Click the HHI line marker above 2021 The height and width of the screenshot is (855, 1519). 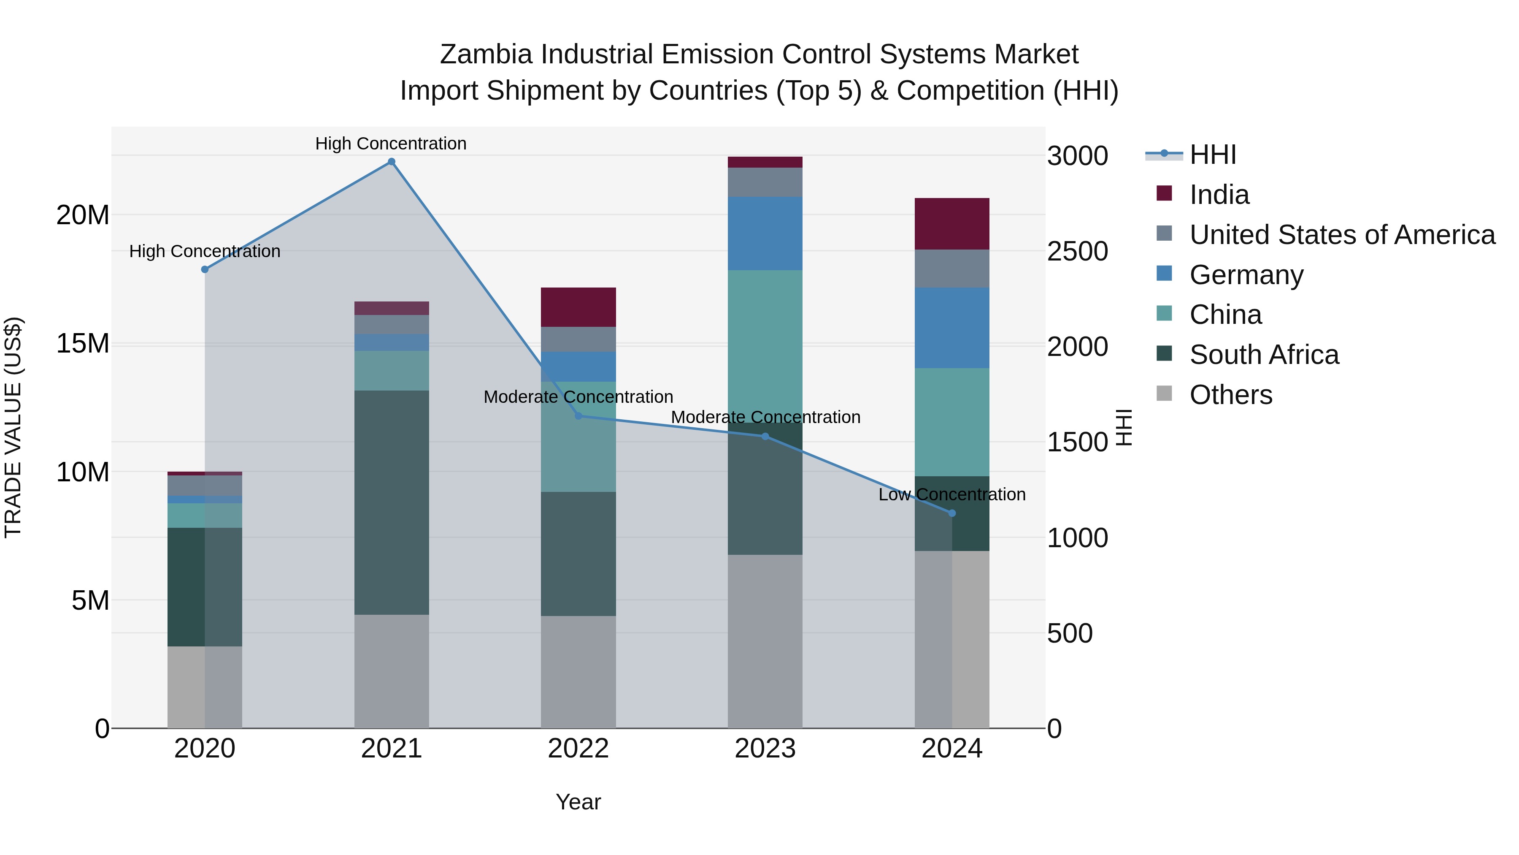pos(391,162)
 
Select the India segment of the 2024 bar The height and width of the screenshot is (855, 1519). pos(952,224)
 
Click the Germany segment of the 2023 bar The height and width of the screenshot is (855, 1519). pos(765,233)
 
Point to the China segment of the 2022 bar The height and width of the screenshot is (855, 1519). pos(578,437)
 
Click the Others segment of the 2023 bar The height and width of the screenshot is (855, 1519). pos(765,641)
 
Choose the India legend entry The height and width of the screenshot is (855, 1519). pos(1219,195)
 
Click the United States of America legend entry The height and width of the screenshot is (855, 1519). pos(1341,235)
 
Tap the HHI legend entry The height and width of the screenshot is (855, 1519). pos(1212,155)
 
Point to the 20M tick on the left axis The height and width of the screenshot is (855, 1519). pos(83,215)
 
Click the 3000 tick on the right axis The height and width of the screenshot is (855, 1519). pos(1077,156)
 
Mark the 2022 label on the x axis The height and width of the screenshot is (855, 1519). pos(578,749)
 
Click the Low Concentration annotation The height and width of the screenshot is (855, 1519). pos(952,494)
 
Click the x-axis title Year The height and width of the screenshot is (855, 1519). pos(578,802)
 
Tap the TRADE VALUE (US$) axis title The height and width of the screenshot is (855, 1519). pos(13,427)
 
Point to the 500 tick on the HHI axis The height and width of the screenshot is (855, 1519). pos(1070,634)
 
